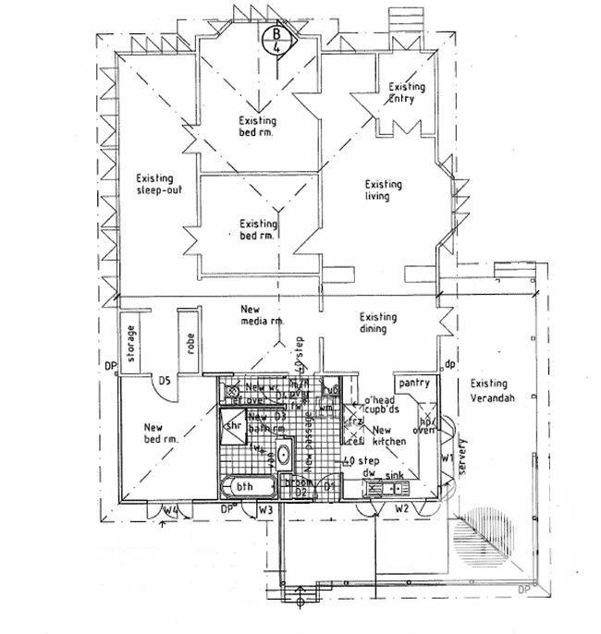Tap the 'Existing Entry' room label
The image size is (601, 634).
pyautogui.click(x=407, y=93)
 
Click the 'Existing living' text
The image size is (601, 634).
pyautogui.click(x=383, y=189)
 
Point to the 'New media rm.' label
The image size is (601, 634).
pyautogui.click(x=261, y=315)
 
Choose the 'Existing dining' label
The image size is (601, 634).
pyautogui.click(x=379, y=323)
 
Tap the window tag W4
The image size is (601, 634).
pyautogui.click(x=171, y=509)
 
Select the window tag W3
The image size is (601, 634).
pyautogui.click(x=265, y=509)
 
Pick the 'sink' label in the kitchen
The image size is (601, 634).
pyautogui.click(x=395, y=474)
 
